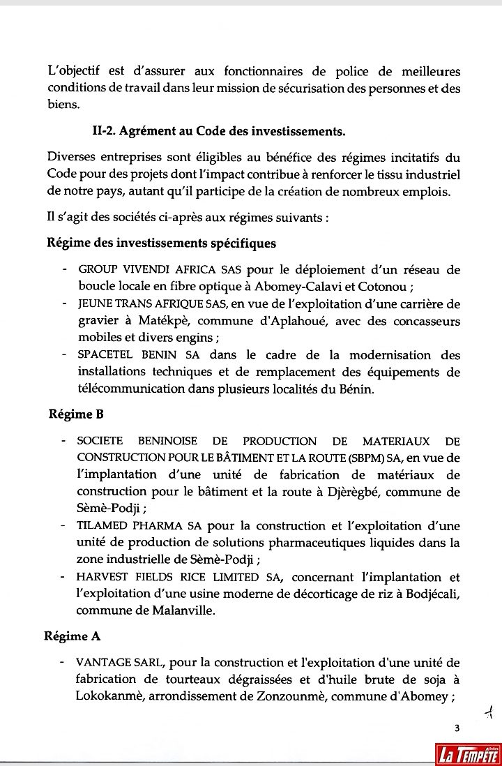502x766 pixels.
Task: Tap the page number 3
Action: (457, 729)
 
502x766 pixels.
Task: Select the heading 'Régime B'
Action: (76, 414)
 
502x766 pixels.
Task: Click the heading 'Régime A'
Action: (75, 636)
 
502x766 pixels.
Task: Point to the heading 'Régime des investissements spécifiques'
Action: (161, 243)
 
